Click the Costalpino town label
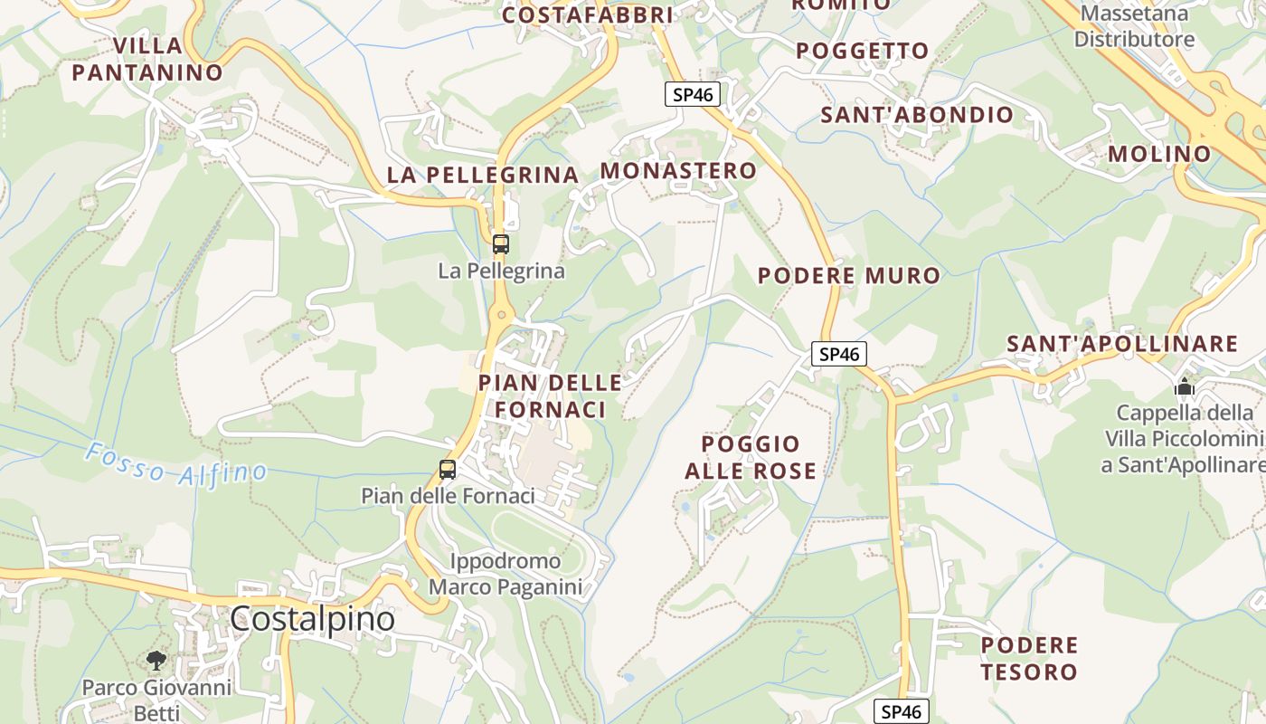[x=312, y=619]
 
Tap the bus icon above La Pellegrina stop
[x=501, y=244]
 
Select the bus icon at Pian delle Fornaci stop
[x=448, y=470]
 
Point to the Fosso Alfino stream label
[x=177, y=462]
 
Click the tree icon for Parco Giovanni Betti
[x=156, y=660]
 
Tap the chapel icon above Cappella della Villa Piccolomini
[x=1185, y=387]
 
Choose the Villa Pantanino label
[x=147, y=60]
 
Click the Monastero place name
[x=678, y=171]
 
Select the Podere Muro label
[x=849, y=276]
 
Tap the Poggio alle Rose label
[x=751, y=457]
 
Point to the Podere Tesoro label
[x=1029, y=658]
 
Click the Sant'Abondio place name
[x=917, y=115]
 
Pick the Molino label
[x=1159, y=154]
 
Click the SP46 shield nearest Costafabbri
[x=693, y=94]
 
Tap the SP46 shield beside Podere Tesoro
[x=902, y=711]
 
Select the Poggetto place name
[x=863, y=51]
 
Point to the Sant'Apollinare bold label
[x=1122, y=344]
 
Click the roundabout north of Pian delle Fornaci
[x=501, y=315]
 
